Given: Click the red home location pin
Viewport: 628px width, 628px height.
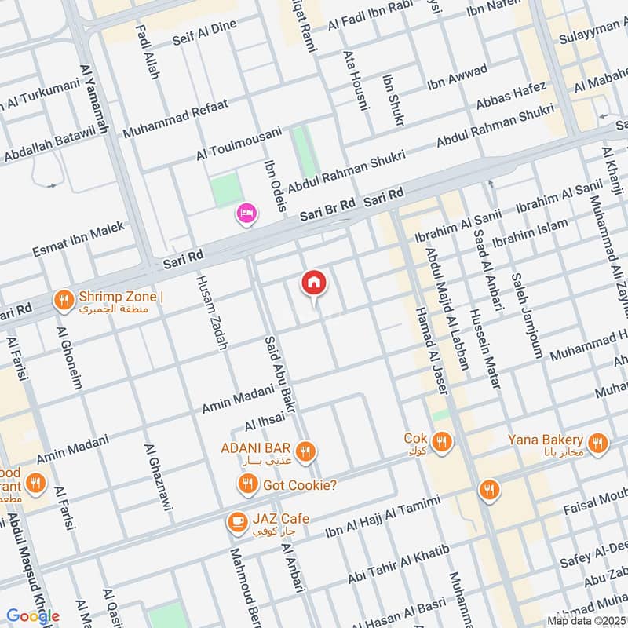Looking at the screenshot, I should pos(314,283).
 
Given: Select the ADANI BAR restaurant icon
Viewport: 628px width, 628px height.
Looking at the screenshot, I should pos(307,450).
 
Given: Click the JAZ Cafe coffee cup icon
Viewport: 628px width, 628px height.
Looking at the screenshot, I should pos(235,520).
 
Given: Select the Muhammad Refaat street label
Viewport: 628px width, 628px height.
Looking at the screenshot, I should pos(175,117).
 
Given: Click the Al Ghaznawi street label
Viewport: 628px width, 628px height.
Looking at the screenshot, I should pos(157,483).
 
